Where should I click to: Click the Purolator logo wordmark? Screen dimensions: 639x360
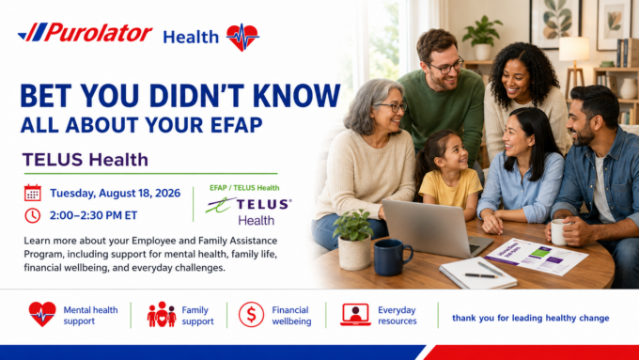(x=86, y=32)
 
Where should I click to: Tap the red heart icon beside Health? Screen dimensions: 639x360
(x=242, y=37)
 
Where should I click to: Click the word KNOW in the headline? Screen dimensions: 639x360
(x=296, y=96)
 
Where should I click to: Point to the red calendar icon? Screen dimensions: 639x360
(x=33, y=193)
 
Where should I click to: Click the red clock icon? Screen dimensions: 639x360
(x=33, y=215)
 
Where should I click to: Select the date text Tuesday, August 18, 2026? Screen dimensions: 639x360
(x=115, y=193)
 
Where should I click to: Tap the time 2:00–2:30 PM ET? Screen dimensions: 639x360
(x=93, y=215)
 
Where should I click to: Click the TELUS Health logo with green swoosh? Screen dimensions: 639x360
(x=249, y=211)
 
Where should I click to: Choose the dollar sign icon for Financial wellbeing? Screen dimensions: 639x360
(x=251, y=315)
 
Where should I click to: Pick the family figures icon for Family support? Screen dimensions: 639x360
(x=162, y=314)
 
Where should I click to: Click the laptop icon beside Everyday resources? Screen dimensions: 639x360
(x=355, y=314)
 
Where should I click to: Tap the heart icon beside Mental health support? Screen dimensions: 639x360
(x=42, y=314)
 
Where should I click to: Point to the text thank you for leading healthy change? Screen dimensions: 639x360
(x=531, y=318)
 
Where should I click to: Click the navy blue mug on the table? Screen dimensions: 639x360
(x=392, y=257)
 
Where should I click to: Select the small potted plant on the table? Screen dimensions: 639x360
(x=353, y=240)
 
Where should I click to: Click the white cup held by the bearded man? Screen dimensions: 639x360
(x=559, y=232)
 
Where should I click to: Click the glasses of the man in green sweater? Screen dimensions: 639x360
(x=447, y=66)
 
